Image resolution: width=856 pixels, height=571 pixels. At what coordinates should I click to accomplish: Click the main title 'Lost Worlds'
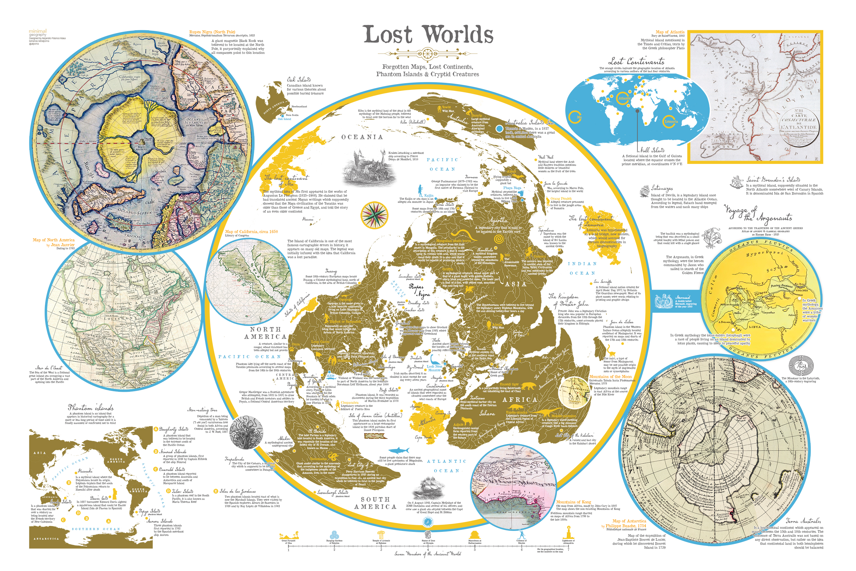point(428,35)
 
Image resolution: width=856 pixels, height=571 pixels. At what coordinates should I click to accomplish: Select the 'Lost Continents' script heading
point(636,61)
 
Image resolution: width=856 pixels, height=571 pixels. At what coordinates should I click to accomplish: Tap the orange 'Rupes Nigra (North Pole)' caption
point(212,32)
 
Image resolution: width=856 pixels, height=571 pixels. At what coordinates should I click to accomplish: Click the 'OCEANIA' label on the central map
point(362,137)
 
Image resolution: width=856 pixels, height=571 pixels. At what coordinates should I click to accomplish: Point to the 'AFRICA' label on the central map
point(519,399)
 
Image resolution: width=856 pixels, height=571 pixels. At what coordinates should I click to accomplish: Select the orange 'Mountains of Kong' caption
point(573,502)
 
